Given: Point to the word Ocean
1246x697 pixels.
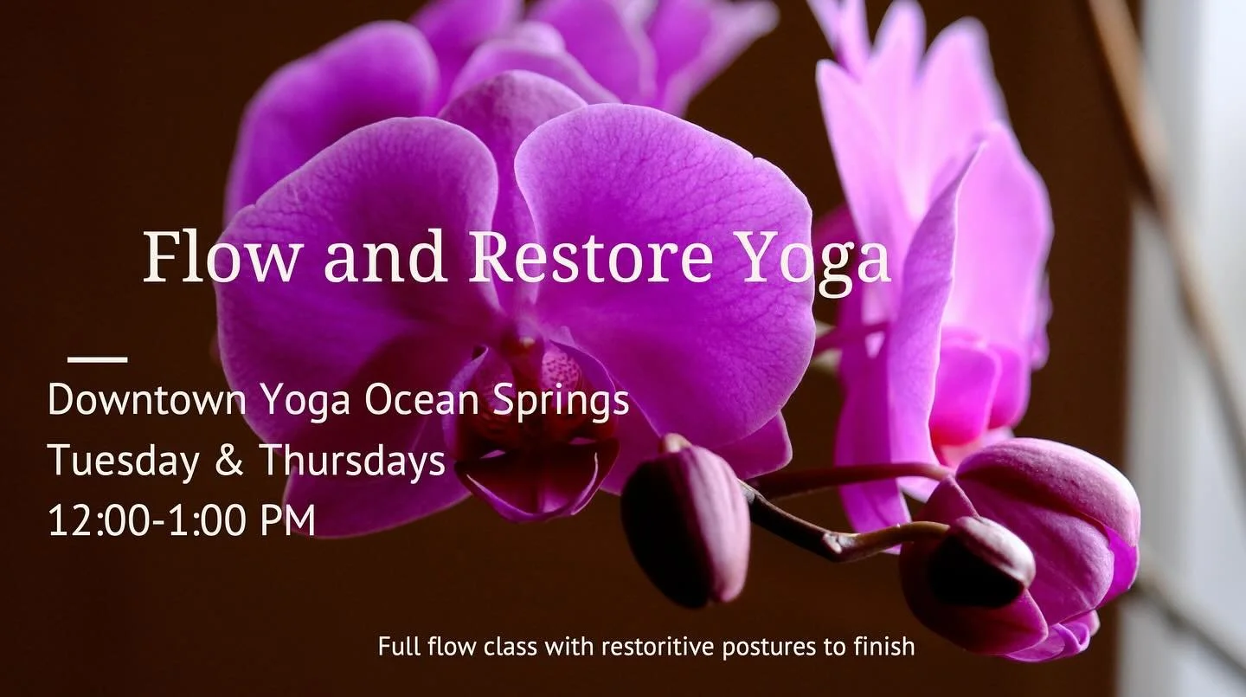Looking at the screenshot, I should tap(414, 400).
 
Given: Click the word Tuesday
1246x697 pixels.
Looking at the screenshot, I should tap(122, 461).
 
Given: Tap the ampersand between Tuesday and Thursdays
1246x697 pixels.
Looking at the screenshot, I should tap(228, 461).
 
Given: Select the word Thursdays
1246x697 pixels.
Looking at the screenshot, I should tap(352, 461).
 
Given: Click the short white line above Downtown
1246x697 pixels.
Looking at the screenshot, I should tap(97, 358).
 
